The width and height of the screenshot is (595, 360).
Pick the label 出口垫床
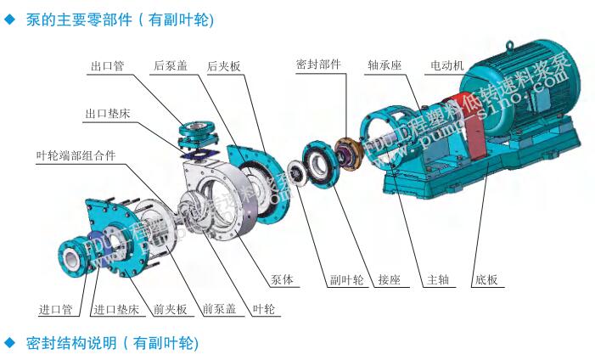coord(107,113)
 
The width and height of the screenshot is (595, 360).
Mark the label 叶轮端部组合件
coord(76,155)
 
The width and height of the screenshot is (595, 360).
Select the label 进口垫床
coord(115,309)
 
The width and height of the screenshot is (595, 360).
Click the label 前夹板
coord(169,309)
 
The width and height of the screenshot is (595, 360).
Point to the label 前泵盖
coord(219,309)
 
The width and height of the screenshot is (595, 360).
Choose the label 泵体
coord(283,280)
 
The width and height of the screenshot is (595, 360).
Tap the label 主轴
coord(438,280)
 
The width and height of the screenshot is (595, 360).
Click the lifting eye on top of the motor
coord(511,49)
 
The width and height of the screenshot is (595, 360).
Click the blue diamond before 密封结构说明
coord(10,343)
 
